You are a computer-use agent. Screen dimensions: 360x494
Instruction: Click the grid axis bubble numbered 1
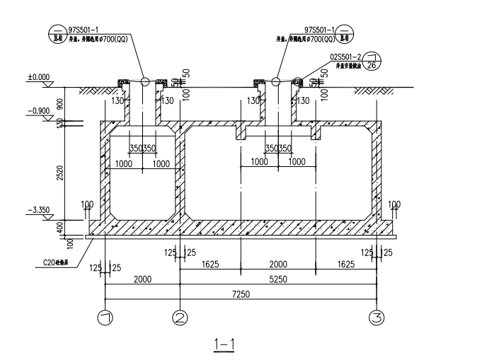(105, 318)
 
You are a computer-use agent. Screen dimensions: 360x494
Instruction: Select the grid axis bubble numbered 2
(180, 318)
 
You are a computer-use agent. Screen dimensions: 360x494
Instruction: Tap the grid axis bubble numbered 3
(377, 318)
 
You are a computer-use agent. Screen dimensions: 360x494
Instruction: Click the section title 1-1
(224, 344)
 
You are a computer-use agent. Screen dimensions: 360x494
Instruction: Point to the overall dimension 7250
(241, 294)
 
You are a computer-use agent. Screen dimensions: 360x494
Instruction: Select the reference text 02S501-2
(345, 54)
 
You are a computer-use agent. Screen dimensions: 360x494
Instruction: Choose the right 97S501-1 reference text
(321, 30)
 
